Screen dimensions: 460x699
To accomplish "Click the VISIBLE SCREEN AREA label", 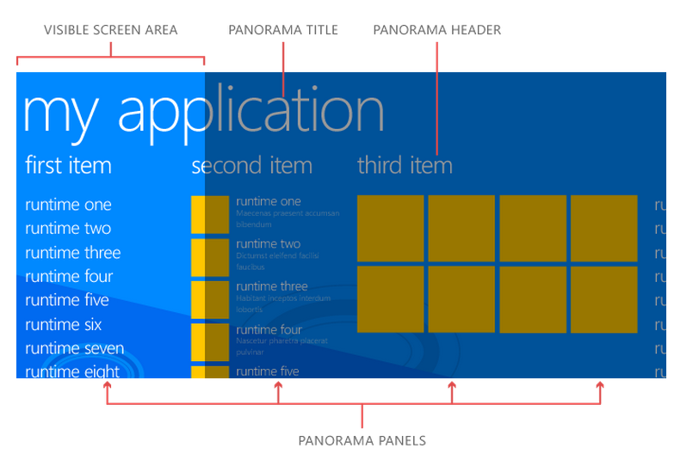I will coord(110,30).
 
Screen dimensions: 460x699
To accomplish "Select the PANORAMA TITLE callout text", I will coord(283,30).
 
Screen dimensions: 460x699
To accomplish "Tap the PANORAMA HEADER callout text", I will coord(436,30).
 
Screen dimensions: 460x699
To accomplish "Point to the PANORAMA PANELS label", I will coord(362,440).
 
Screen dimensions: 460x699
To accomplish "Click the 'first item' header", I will coord(68,164).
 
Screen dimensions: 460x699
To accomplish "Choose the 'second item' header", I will coord(251,164).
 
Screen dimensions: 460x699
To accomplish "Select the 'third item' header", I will coord(405,164).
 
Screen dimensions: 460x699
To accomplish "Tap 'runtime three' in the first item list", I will coord(73,253).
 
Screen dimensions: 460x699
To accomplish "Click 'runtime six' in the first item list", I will coord(64,324).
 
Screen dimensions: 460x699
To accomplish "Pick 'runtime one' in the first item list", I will coord(68,205).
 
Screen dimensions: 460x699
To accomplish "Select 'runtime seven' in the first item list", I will coord(74,348).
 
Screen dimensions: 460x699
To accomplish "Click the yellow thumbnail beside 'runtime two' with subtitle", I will coord(209,257).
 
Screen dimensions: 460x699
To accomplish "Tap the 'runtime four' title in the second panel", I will coord(269,330).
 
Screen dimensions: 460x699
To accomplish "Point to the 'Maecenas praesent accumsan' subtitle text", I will coord(288,213).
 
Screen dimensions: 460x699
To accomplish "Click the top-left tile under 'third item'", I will coord(390,228).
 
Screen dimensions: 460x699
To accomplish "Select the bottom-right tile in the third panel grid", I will coord(603,299).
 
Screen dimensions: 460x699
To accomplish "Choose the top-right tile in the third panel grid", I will coord(603,228).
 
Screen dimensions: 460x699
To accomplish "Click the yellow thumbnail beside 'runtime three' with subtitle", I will coord(209,299).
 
